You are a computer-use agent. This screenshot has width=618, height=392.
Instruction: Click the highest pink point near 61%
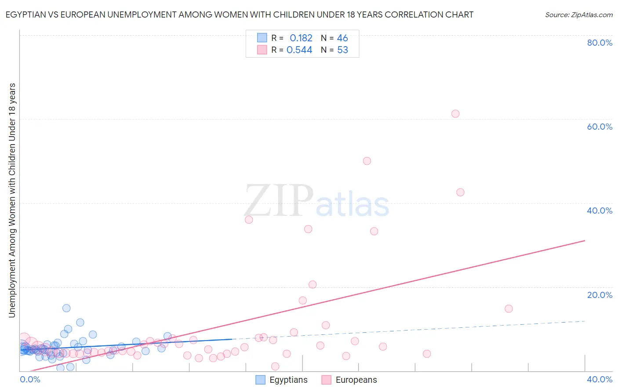click(455, 114)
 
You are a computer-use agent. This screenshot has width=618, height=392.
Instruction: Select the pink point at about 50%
click(367, 161)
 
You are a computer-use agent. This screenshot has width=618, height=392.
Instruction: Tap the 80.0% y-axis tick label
click(600, 43)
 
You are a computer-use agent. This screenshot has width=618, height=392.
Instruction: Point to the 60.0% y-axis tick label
click(600, 127)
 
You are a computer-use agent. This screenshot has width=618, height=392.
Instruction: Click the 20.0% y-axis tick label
click(600, 295)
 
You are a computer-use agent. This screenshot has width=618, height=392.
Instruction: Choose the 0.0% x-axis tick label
click(30, 379)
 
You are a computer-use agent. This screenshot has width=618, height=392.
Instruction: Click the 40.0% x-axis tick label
click(600, 379)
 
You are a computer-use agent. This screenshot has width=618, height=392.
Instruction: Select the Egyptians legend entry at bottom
click(282, 380)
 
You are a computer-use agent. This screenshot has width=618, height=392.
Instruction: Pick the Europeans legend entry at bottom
click(349, 380)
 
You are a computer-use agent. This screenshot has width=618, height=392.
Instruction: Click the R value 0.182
click(301, 38)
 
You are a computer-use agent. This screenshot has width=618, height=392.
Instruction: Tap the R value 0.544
click(299, 50)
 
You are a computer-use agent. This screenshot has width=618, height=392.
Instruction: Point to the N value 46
click(342, 38)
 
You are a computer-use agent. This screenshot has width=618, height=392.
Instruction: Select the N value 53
click(342, 50)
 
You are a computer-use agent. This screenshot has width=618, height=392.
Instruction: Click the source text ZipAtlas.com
click(579, 15)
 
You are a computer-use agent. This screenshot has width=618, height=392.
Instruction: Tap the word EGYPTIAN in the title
click(27, 15)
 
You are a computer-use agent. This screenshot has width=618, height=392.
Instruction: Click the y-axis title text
click(12, 200)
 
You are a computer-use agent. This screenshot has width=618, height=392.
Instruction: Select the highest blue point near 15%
click(66, 308)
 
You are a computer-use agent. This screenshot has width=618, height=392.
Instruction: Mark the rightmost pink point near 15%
click(509, 309)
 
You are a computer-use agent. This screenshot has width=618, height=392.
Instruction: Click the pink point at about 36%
click(249, 220)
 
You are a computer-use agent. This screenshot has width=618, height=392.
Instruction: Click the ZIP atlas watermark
click(316, 201)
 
